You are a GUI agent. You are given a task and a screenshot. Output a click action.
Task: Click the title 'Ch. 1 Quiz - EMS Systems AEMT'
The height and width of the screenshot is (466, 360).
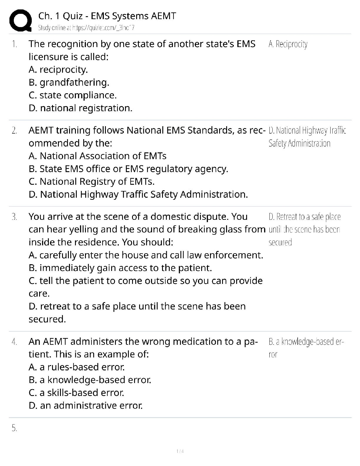107,16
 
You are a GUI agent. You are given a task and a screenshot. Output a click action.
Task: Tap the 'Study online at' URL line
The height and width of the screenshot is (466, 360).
86,28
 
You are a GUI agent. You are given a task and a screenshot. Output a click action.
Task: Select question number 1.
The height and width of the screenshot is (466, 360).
14,44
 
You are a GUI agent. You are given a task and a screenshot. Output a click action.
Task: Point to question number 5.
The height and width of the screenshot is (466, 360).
14,429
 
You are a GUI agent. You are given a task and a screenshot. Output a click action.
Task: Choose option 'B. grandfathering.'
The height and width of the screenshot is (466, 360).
69,82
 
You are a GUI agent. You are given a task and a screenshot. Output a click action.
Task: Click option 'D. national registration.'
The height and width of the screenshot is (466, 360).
81,108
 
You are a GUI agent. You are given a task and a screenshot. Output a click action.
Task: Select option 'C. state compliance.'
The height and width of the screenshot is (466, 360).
73,95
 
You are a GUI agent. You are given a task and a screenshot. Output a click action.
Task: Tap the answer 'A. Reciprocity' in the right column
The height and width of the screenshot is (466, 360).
288,44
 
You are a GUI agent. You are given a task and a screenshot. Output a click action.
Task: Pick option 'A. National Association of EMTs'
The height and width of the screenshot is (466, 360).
98,156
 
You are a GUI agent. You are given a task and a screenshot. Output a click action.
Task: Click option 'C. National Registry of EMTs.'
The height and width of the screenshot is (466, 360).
92,182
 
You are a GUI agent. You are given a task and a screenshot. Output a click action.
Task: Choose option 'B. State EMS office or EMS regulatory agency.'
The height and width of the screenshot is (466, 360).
129,169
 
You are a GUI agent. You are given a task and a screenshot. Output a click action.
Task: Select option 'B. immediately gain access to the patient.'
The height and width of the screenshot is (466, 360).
120,268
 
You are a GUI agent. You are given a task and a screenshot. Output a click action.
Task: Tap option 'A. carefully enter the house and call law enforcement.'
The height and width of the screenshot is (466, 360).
146,255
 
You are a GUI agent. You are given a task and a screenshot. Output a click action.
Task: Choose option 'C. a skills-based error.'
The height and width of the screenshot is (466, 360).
76,393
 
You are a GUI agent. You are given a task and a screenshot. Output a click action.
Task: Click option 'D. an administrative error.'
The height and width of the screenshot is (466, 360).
86,406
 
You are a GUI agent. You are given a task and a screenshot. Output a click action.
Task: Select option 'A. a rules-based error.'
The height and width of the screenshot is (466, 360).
77,367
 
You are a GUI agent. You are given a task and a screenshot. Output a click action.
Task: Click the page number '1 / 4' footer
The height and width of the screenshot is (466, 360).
180,451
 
